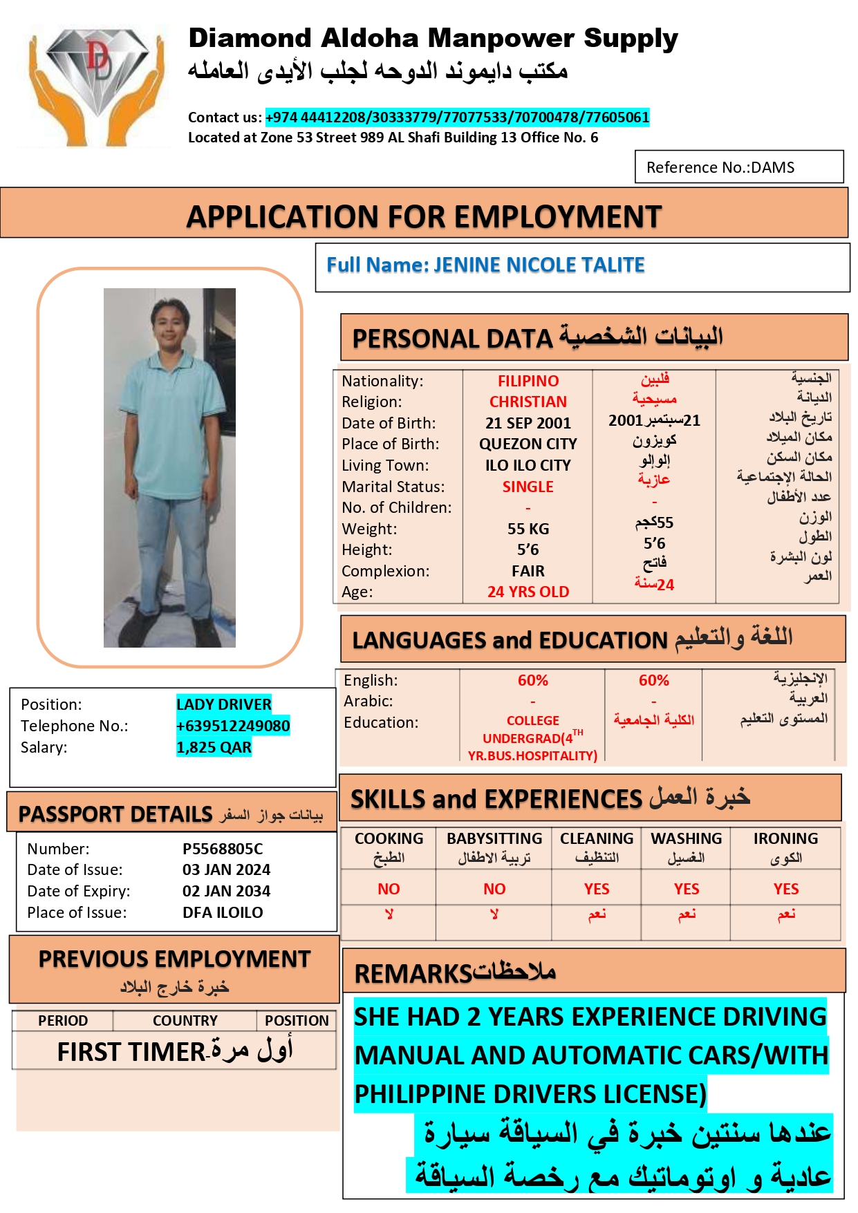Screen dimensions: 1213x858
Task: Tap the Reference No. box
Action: pyautogui.click(x=738, y=167)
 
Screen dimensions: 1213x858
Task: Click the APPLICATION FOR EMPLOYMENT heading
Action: pyautogui.click(x=424, y=217)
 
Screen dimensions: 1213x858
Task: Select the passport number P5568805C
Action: pyautogui.click(x=223, y=849)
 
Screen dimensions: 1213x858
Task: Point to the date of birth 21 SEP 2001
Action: pyautogui.click(x=528, y=423)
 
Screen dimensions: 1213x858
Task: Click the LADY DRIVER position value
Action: pyautogui.click(x=223, y=704)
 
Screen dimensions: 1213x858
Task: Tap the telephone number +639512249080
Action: pyautogui.click(x=233, y=726)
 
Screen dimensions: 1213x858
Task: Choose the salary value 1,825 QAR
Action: pyautogui.click(x=214, y=747)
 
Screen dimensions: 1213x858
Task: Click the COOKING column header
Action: pyautogui.click(x=389, y=838)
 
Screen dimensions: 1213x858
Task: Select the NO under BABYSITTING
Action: pyautogui.click(x=494, y=889)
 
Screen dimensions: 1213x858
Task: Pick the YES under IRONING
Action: pyautogui.click(x=786, y=889)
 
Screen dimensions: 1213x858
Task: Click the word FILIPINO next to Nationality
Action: pyautogui.click(x=528, y=381)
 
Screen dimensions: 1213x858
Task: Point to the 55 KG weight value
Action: pyautogui.click(x=528, y=529)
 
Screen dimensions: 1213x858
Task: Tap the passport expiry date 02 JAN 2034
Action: pyautogui.click(x=226, y=891)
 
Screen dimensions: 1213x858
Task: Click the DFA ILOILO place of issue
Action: pyautogui.click(x=223, y=912)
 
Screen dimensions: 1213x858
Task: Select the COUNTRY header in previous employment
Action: pyautogui.click(x=185, y=1021)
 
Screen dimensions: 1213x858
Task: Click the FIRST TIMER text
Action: pyautogui.click(x=131, y=1052)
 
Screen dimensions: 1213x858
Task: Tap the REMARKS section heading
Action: pyautogui.click(x=413, y=974)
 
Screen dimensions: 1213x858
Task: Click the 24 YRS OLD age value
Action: pyautogui.click(x=528, y=592)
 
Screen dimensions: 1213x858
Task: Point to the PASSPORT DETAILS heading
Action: pyautogui.click(x=115, y=814)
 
